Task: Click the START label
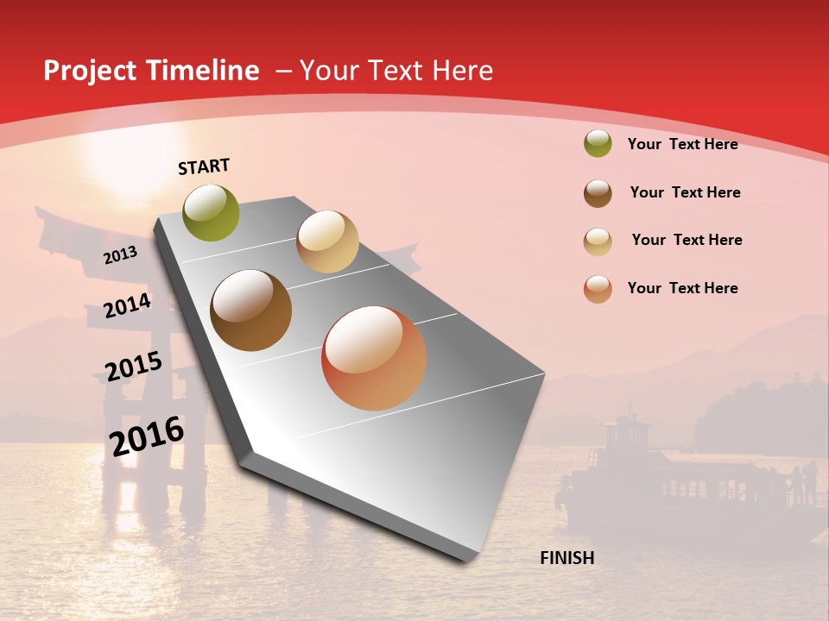pyautogui.click(x=204, y=166)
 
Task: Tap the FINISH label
pyautogui.click(x=567, y=558)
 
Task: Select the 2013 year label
pyautogui.click(x=120, y=254)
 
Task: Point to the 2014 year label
pyautogui.click(x=127, y=306)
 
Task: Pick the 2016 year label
pyautogui.click(x=147, y=436)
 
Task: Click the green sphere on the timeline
pyautogui.click(x=212, y=212)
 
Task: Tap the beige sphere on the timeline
pyautogui.click(x=327, y=241)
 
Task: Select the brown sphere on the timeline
pyautogui.click(x=251, y=310)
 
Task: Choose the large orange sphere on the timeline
pyautogui.click(x=374, y=358)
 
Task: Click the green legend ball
pyautogui.click(x=598, y=144)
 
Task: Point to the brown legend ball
pyautogui.click(x=598, y=193)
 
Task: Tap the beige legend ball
pyautogui.click(x=598, y=241)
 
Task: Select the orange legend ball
pyautogui.click(x=598, y=289)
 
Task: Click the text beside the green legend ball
pyautogui.click(x=682, y=144)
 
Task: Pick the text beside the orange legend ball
pyautogui.click(x=682, y=288)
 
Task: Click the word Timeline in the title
pyautogui.click(x=204, y=71)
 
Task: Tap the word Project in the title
pyautogui.click(x=90, y=71)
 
